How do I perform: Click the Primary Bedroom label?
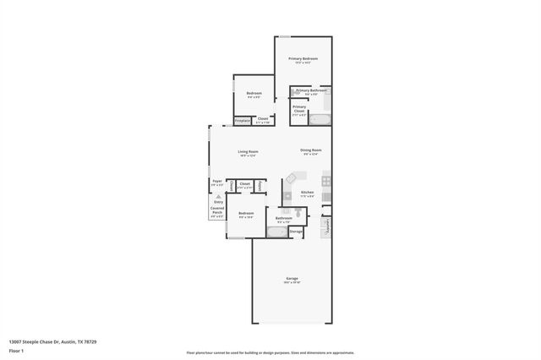click(x=303, y=59)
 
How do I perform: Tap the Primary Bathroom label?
click(x=311, y=90)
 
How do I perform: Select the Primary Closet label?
click(x=299, y=108)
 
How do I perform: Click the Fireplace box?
click(x=242, y=121)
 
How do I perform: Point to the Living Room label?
click(x=247, y=152)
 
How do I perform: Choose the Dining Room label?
click(x=311, y=151)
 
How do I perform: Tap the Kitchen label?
click(x=308, y=194)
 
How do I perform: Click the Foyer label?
click(x=217, y=182)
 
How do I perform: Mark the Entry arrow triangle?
click(x=218, y=197)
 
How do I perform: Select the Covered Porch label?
click(x=217, y=210)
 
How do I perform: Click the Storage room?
click(x=296, y=231)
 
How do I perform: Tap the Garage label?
click(x=292, y=280)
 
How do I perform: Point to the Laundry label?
click(x=326, y=225)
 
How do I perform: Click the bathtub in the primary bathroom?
click(x=320, y=120)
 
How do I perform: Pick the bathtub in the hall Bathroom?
click(x=277, y=231)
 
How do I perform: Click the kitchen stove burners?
click(x=326, y=180)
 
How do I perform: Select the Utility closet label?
click(x=260, y=184)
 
